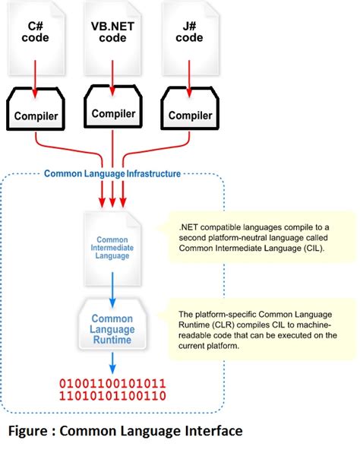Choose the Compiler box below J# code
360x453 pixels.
189,116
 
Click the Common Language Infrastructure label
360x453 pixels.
112,173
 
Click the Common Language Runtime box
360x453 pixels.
112,329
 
